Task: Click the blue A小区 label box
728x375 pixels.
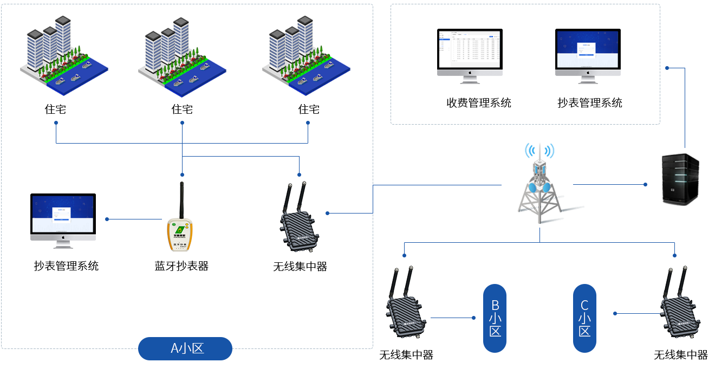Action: pyautogui.click(x=185, y=348)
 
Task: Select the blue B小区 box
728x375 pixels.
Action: pyautogui.click(x=495, y=318)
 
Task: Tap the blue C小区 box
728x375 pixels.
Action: pyautogui.click(x=585, y=318)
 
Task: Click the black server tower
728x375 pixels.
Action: pyautogui.click(x=680, y=179)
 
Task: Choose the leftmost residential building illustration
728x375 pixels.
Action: pyautogui.click(x=64, y=56)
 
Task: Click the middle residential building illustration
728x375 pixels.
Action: pyautogui.click(x=181, y=57)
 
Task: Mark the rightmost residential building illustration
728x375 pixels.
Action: pyautogui.click(x=306, y=56)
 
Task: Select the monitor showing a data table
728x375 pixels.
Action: pyautogui.click(x=470, y=56)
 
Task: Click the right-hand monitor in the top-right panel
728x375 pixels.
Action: pyautogui.click(x=588, y=56)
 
